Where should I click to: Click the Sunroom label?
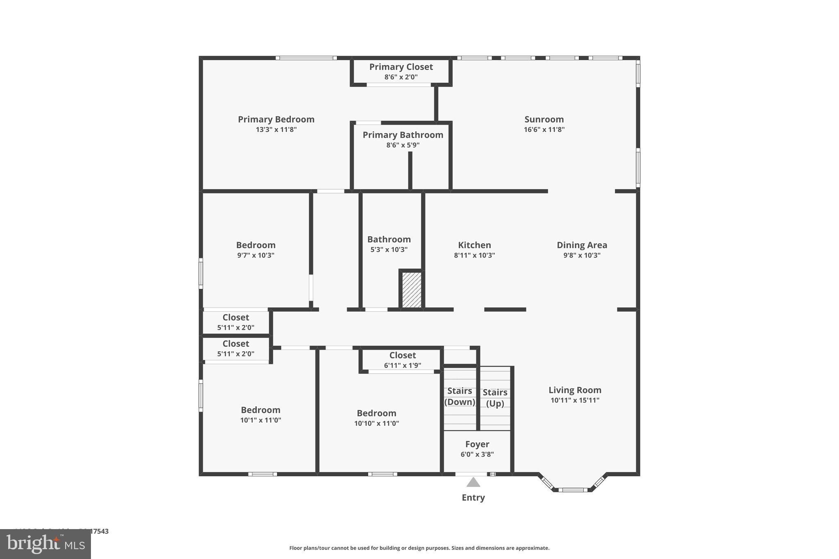(x=544, y=119)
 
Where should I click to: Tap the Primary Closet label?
(x=401, y=67)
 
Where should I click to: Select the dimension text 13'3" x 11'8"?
(x=276, y=129)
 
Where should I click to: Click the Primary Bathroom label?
(x=403, y=135)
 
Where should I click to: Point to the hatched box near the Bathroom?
(x=411, y=290)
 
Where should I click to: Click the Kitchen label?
(x=474, y=245)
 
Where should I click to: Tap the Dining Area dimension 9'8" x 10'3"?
(x=582, y=255)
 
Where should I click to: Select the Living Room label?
(x=575, y=390)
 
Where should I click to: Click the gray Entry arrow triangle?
(x=473, y=482)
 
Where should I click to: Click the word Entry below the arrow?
(x=473, y=498)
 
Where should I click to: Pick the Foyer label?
(x=477, y=444)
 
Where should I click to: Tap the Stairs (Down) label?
(x=460, y=396)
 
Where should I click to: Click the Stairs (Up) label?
(x=495, y=398)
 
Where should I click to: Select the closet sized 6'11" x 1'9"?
(x=402, y=360)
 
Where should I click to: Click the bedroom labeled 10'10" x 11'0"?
(x=376, y=418)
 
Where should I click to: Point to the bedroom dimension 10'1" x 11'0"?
(x=261, y=420)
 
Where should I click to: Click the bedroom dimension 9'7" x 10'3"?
(x=256, y=255)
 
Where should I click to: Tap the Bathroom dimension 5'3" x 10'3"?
(x=389, y=249)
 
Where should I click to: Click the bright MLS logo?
(x=45, y=544)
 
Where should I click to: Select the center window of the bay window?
(x=573, y=490)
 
